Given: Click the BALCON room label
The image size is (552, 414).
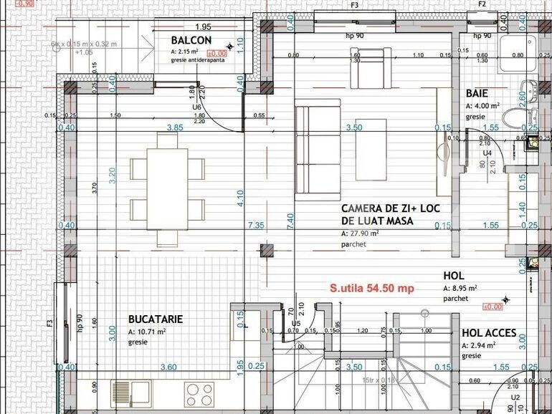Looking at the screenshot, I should tap(191, 41).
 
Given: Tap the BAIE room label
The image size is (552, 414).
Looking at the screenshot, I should tap(477, 94).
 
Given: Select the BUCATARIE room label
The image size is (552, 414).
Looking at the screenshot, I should tap(155, 318).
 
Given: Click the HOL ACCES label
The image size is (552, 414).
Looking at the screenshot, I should tap(494, 333).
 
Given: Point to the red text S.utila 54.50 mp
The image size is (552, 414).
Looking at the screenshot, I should tap(371, 289).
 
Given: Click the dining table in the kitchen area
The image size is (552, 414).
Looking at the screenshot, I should tap(167, 183).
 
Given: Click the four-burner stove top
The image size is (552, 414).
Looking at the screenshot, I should tap(199, 393).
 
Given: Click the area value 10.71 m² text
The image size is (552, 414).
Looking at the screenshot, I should tap(147, 332).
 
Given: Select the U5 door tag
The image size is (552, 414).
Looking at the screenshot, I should tap(295, 324).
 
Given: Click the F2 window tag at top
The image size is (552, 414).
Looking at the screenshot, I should tap(482, 4).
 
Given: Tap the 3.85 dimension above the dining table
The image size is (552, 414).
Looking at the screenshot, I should tap(176, 127).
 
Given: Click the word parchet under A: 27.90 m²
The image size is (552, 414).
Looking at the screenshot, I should tap(353, 245).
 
